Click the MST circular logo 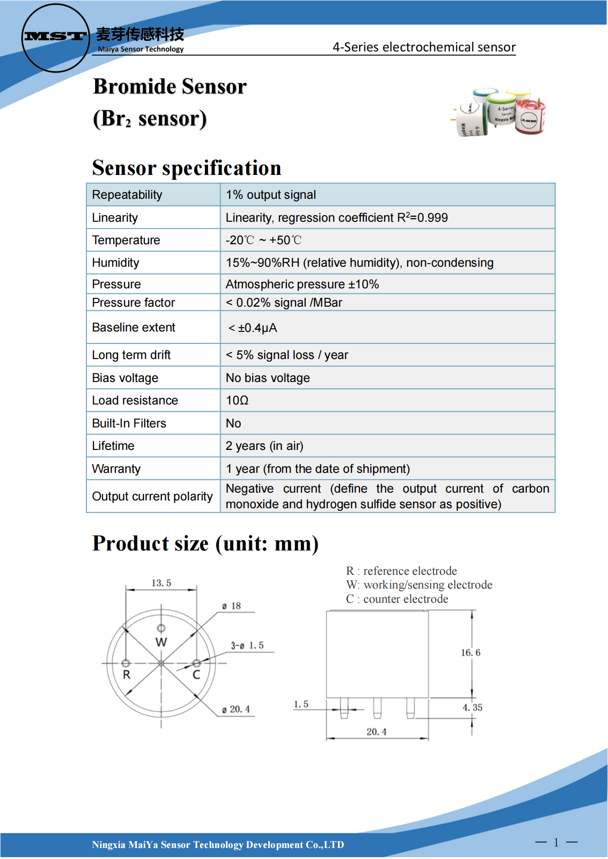point(56,38)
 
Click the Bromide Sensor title point(170,86)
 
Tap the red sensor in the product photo point(530,118)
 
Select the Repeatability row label point(127,195)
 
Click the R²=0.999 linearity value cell point(336,218)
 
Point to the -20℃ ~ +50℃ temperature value point(263,240)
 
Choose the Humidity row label point(115,263)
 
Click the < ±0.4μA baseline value point(253,328)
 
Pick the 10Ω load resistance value point(237,400)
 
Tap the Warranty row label point(116,469)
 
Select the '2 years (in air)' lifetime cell point(264,446)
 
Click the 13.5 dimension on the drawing point(161,583)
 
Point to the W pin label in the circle point(161,642)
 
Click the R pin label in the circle point(126,674)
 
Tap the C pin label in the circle point(196,674)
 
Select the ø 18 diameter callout point(232,606)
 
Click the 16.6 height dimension point(471,652)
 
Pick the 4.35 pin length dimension point(472,707)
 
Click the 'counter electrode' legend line point(397,599)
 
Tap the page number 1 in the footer point(556,842)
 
